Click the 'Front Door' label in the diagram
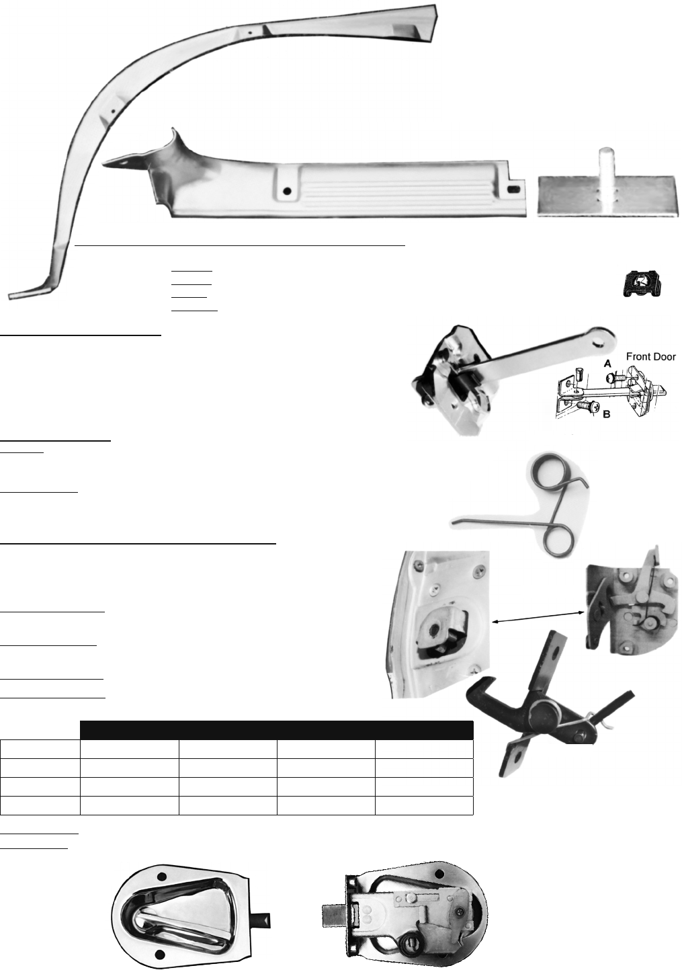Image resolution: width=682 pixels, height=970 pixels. pyautogui.click(x=650, y=356)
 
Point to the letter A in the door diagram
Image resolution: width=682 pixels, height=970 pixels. pyautogui.click(x=607, y=364)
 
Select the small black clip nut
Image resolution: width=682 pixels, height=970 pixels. pyautogui.click(x=642, y=284)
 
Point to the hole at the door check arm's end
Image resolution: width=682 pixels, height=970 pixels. pyautogui.click(x=599, y=333)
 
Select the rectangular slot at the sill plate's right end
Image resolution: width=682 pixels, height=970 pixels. pyautogui.click(x=513, y=190)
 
